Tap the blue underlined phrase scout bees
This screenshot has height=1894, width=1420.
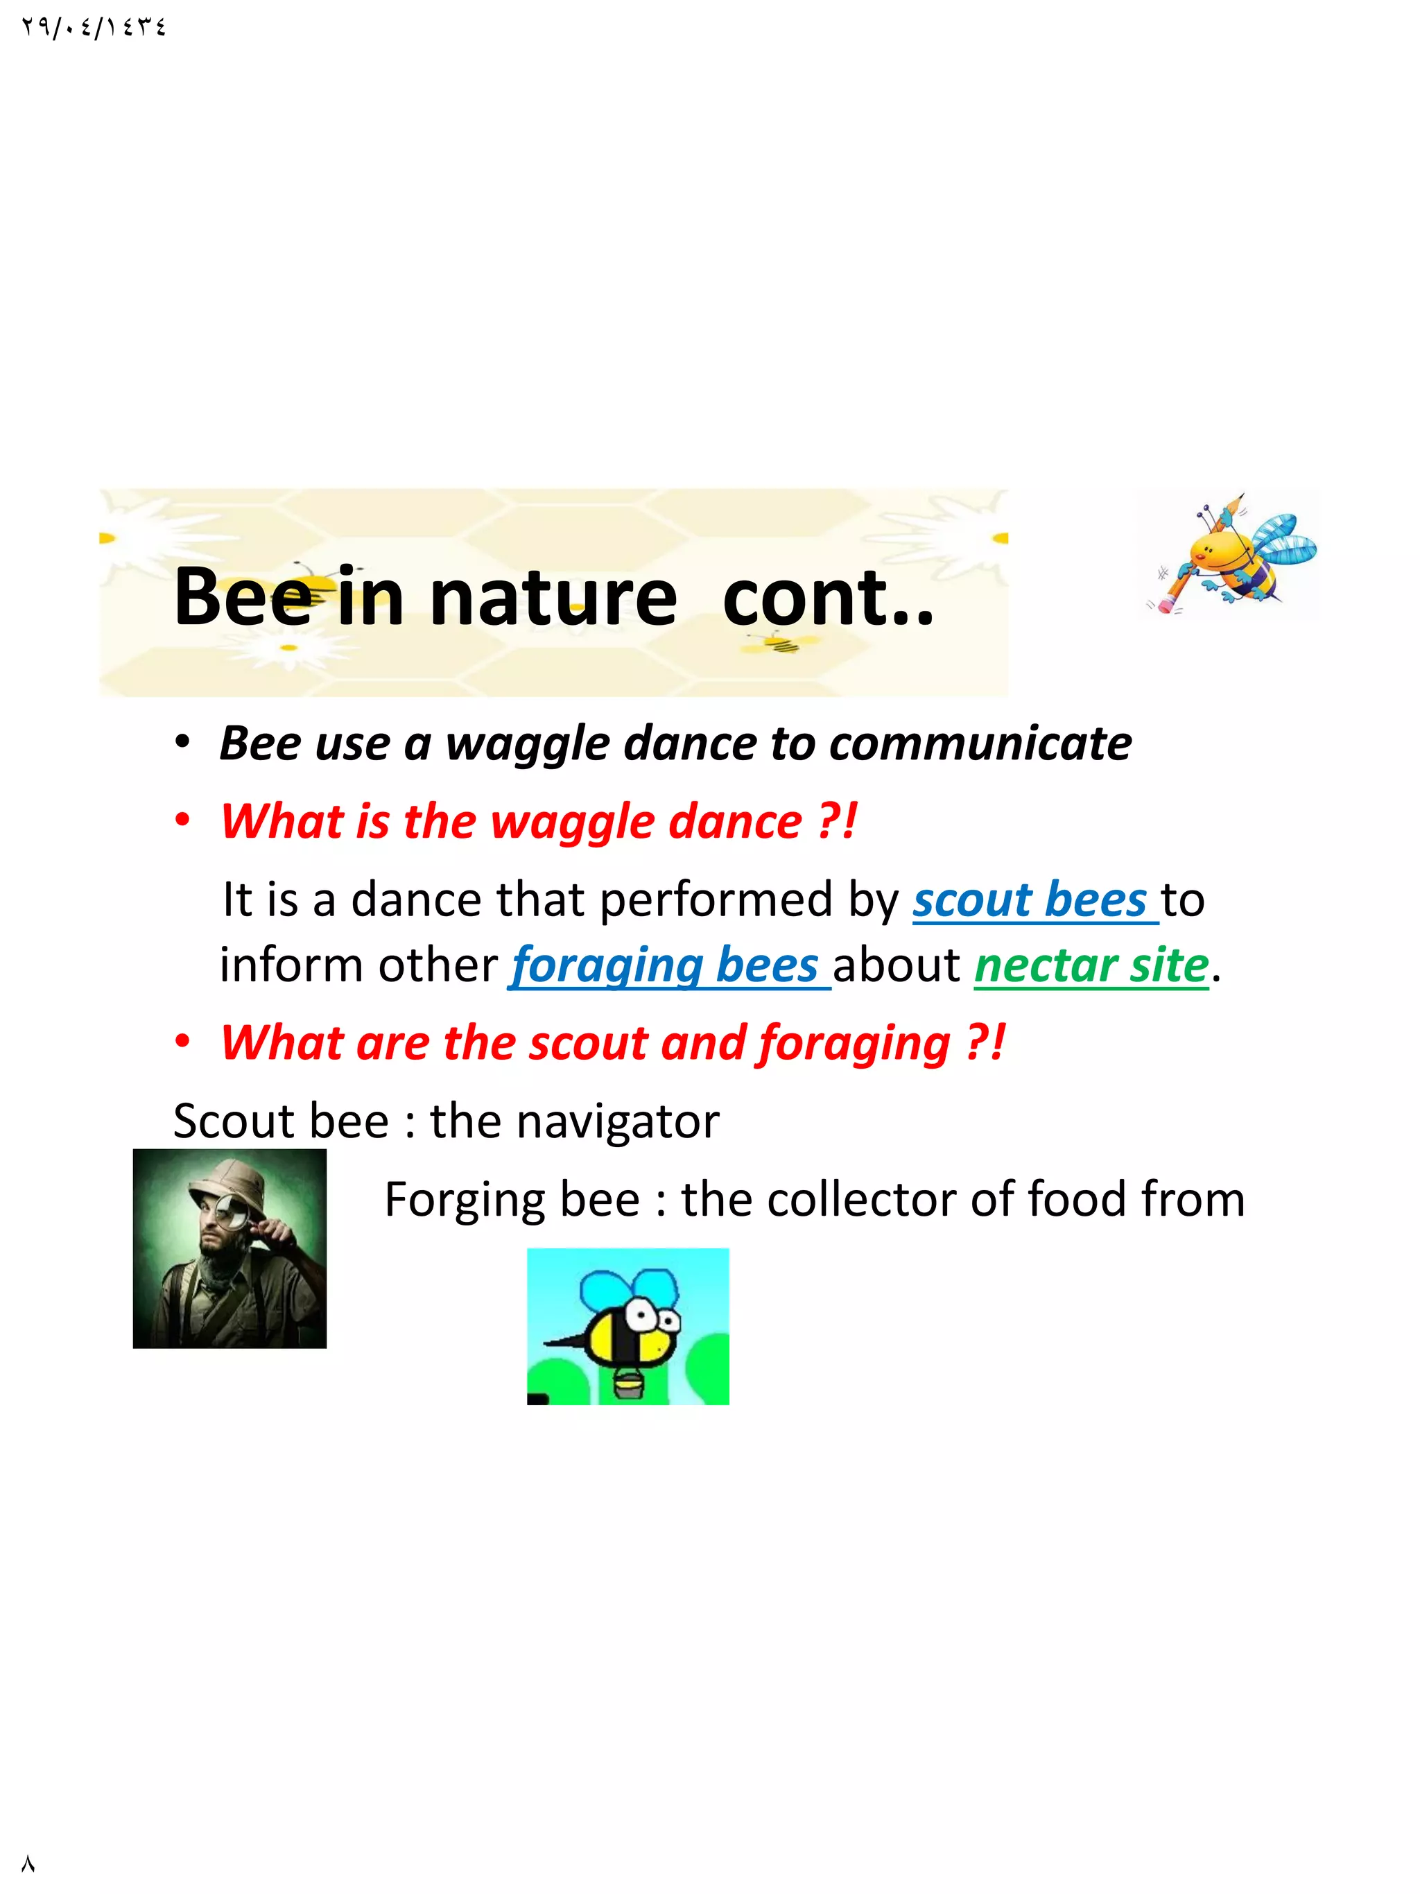(x=1030, y=901)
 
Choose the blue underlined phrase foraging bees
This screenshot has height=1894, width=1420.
(x=665, y=966)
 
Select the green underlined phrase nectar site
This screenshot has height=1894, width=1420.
(x=1091, y=966)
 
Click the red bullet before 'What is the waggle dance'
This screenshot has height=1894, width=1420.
(x=182, y=821)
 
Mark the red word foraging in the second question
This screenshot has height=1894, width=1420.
(x=854, y=1044)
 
